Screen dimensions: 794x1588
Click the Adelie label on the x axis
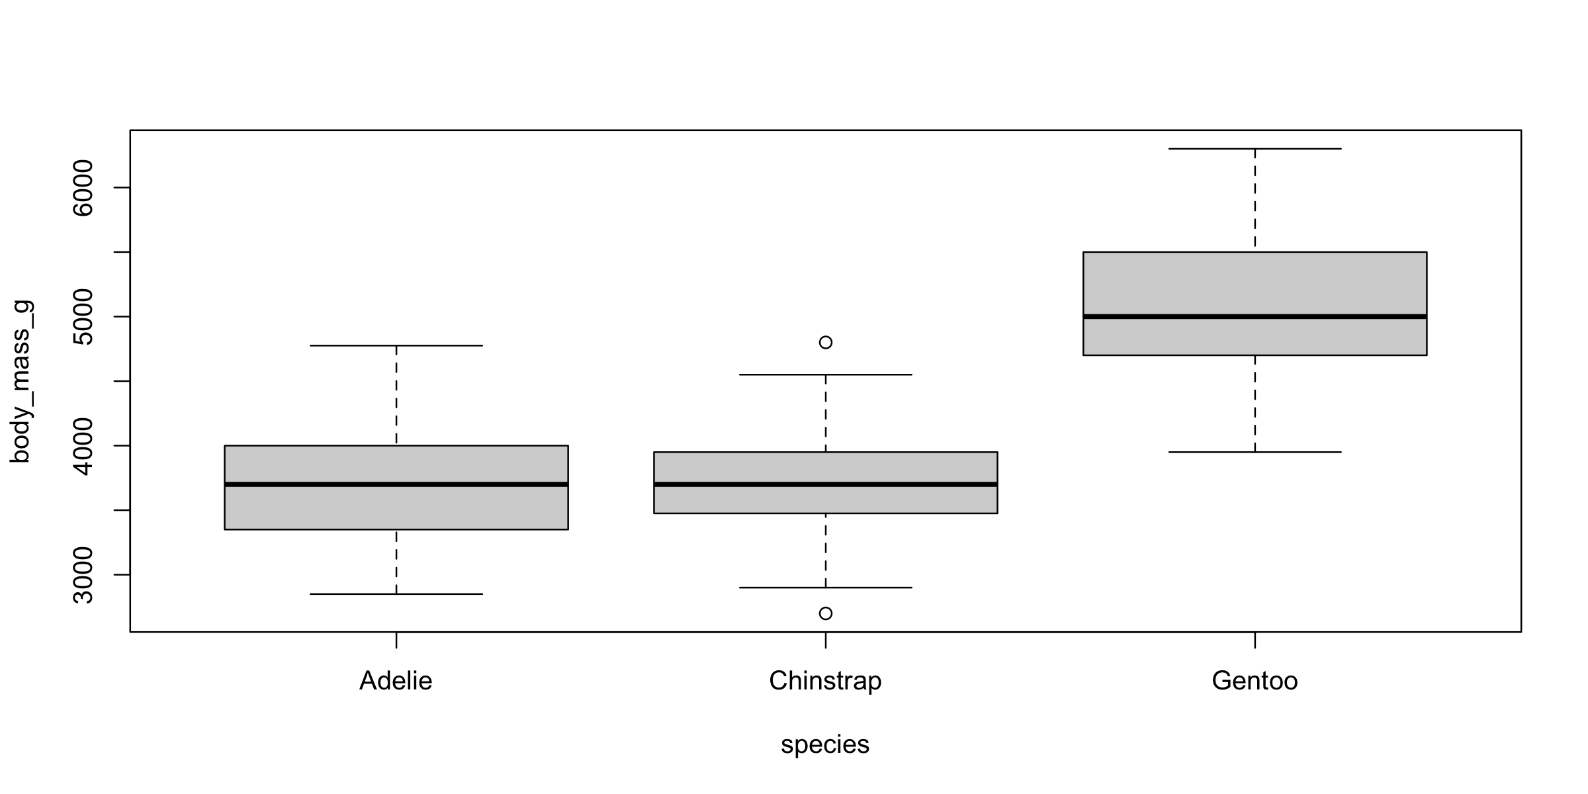396,681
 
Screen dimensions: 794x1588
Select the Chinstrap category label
825,681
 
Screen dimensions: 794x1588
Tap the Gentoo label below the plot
1255,681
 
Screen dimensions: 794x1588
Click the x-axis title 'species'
825,744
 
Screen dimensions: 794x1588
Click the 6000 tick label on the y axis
84,188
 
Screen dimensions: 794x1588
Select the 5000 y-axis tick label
84,317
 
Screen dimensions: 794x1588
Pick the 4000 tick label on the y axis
84,446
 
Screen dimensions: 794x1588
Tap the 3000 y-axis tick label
84,575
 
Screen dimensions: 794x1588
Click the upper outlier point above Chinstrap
826,342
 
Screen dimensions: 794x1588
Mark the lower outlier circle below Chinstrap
826,613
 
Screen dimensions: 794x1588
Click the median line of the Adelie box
396,484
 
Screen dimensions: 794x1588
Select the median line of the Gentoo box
1255,317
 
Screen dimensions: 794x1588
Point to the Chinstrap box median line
826,484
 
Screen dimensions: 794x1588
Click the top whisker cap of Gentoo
1255,149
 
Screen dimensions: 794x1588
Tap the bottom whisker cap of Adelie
396,594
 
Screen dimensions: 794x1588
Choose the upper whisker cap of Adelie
396,345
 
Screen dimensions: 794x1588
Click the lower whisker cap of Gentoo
1255,452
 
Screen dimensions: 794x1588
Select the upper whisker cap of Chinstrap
826,375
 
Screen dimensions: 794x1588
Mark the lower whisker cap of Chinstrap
826,588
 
